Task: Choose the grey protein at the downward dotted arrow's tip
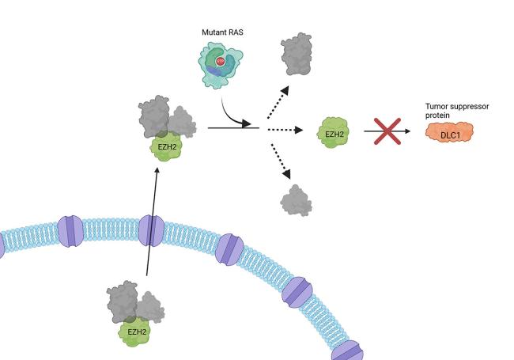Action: [297, 199]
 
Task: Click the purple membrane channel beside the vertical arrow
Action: [150, 231]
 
